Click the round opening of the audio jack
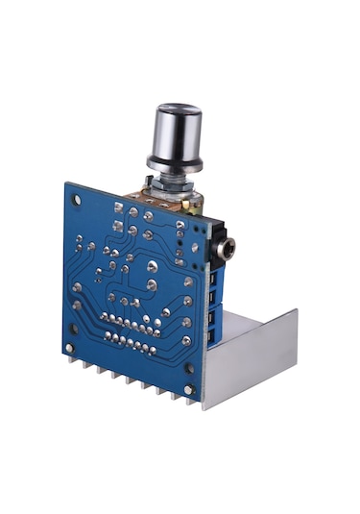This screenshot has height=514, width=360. pos(228,251)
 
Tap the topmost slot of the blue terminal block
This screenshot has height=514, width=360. pos(213,276)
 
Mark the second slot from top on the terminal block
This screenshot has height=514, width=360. pos(213,295)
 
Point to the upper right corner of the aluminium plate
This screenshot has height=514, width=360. pos(296,310)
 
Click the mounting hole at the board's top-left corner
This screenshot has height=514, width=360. pos(75,195)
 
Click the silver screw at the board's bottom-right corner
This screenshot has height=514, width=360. pos(189,389)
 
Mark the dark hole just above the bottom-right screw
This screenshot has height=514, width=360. pos(189,367)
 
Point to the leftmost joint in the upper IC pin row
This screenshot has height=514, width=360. pos(104,314)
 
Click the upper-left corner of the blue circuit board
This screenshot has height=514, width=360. pos(69,183)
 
